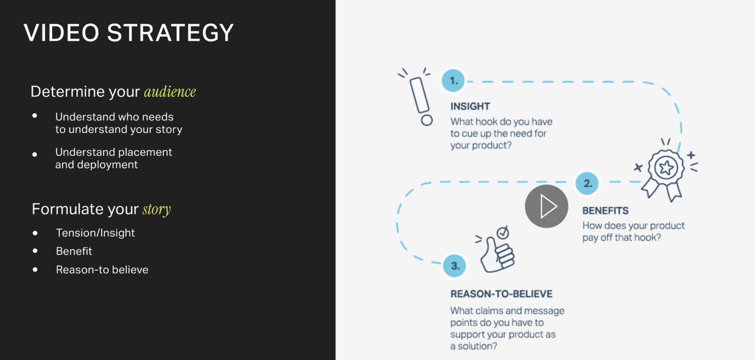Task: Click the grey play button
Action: point(546,206)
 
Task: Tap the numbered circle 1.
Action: point(453,81)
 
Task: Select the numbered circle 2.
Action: point(587,184)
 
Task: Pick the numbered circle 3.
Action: point(455,266)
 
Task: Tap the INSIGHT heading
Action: point(470,107)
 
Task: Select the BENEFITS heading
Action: point(605,211)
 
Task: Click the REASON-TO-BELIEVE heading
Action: point(502,294)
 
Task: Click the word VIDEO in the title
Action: point(61,33)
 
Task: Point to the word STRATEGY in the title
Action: point(170,33)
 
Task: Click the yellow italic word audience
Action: point(170,92)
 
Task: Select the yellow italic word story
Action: point(157,209)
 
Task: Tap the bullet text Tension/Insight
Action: point(95,233)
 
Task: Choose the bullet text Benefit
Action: point(74,251)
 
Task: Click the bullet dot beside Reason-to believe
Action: point(35,269)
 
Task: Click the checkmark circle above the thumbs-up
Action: point(503,233)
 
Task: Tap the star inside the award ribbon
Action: point(666,167)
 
